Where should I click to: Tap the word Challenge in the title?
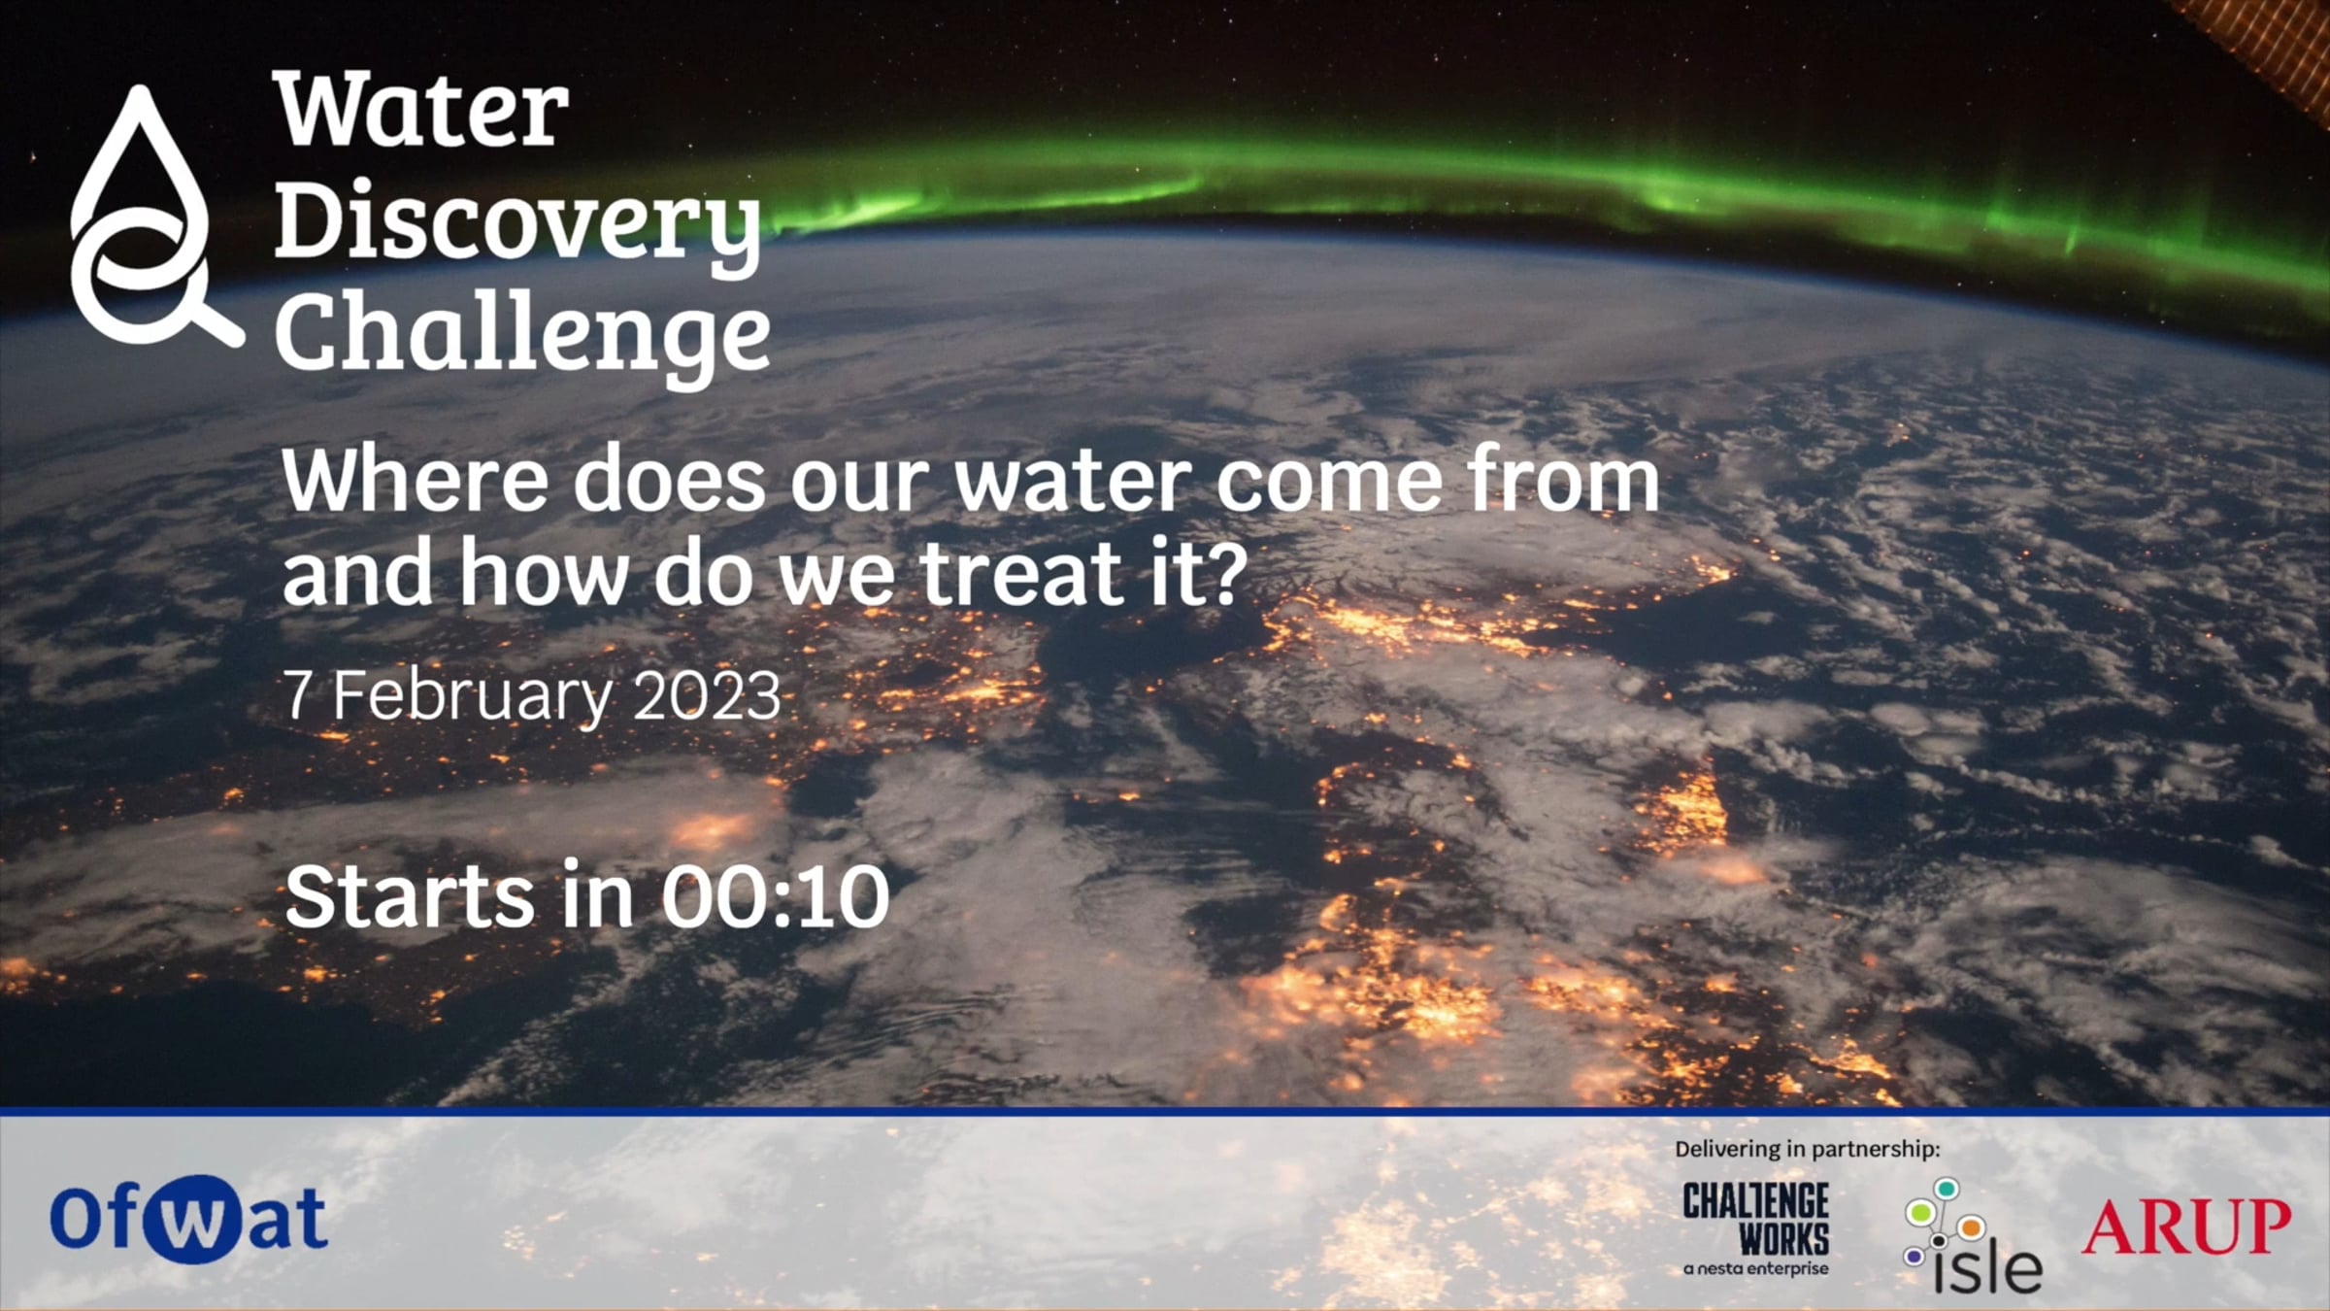tap(523, 334)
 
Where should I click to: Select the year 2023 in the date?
tap(707, 696)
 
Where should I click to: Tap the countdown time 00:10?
tap(776, 895)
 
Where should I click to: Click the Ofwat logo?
tap(188, 1219)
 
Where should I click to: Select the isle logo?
tap(1973, 1235)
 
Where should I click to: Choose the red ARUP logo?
tap(2185, 1226)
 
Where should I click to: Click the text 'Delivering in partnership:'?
tap(1807, 1150)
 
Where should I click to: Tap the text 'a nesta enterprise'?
tap(1755, 1268)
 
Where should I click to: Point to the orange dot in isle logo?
tap(1971, 1228)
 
